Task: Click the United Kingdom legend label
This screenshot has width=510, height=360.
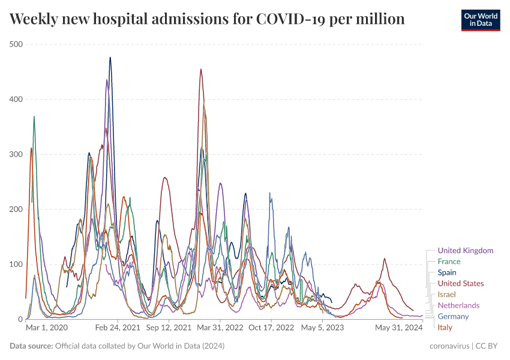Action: pos(465,250)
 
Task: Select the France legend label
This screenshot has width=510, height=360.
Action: pos(449,262)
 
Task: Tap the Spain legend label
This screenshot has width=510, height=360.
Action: pos(447,272)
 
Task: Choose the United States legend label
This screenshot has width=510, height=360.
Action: pos(460,283)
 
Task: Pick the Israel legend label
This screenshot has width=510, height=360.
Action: pos(447,295)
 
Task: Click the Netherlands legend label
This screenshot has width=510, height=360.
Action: pos(458,305)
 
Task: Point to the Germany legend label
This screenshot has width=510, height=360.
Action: pos(453,316)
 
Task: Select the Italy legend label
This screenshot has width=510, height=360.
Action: pos(445,327)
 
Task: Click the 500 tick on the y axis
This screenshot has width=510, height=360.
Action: pos(16,44)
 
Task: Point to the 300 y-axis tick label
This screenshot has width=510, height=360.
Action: pos(16,154)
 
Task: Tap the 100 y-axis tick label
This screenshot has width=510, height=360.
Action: pos(16,264)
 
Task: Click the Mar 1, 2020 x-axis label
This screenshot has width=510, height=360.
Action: pos(47,328)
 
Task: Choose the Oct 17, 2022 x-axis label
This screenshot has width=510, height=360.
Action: pos(271,328)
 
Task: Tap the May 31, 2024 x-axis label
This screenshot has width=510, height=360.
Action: pos(399,328)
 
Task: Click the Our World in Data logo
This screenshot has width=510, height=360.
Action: pos(480,20)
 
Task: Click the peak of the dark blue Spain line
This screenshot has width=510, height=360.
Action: pos(110,58)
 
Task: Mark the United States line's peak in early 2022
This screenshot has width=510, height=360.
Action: pos(201,69)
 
